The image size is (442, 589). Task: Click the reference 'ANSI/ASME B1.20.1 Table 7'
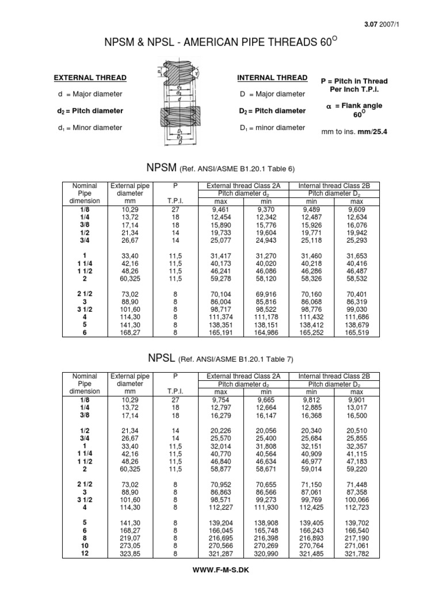click(x=236, y=359)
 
